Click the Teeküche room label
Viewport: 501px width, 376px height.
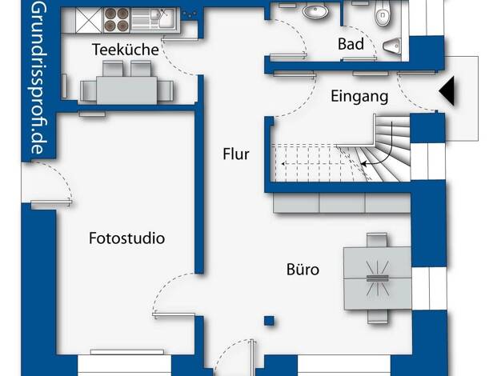pos(125,50)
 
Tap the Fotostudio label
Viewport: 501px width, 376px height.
pos(126,238)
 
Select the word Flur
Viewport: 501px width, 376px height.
pos(236,154)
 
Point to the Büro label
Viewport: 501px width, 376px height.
pos(303,270)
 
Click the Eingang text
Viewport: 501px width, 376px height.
pos(359,97)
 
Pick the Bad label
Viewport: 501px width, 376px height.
pos(351,44)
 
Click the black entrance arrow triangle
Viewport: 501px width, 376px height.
pos(447,91)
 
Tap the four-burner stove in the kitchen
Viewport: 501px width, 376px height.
pos(117,20)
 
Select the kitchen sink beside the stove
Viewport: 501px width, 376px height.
pos(154,19)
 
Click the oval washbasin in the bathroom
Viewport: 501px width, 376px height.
pos(315,13)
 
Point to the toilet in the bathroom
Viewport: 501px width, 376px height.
pos(382,13)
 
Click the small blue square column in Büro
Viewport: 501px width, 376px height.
pos(269,321)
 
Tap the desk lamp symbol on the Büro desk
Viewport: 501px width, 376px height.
pos(377,278)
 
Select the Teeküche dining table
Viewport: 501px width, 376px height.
pos(126,90)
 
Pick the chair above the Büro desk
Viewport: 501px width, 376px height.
pos(377,239)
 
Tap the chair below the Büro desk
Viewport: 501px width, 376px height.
pos(378,316)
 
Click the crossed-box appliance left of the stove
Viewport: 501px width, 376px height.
pos(89,20)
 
